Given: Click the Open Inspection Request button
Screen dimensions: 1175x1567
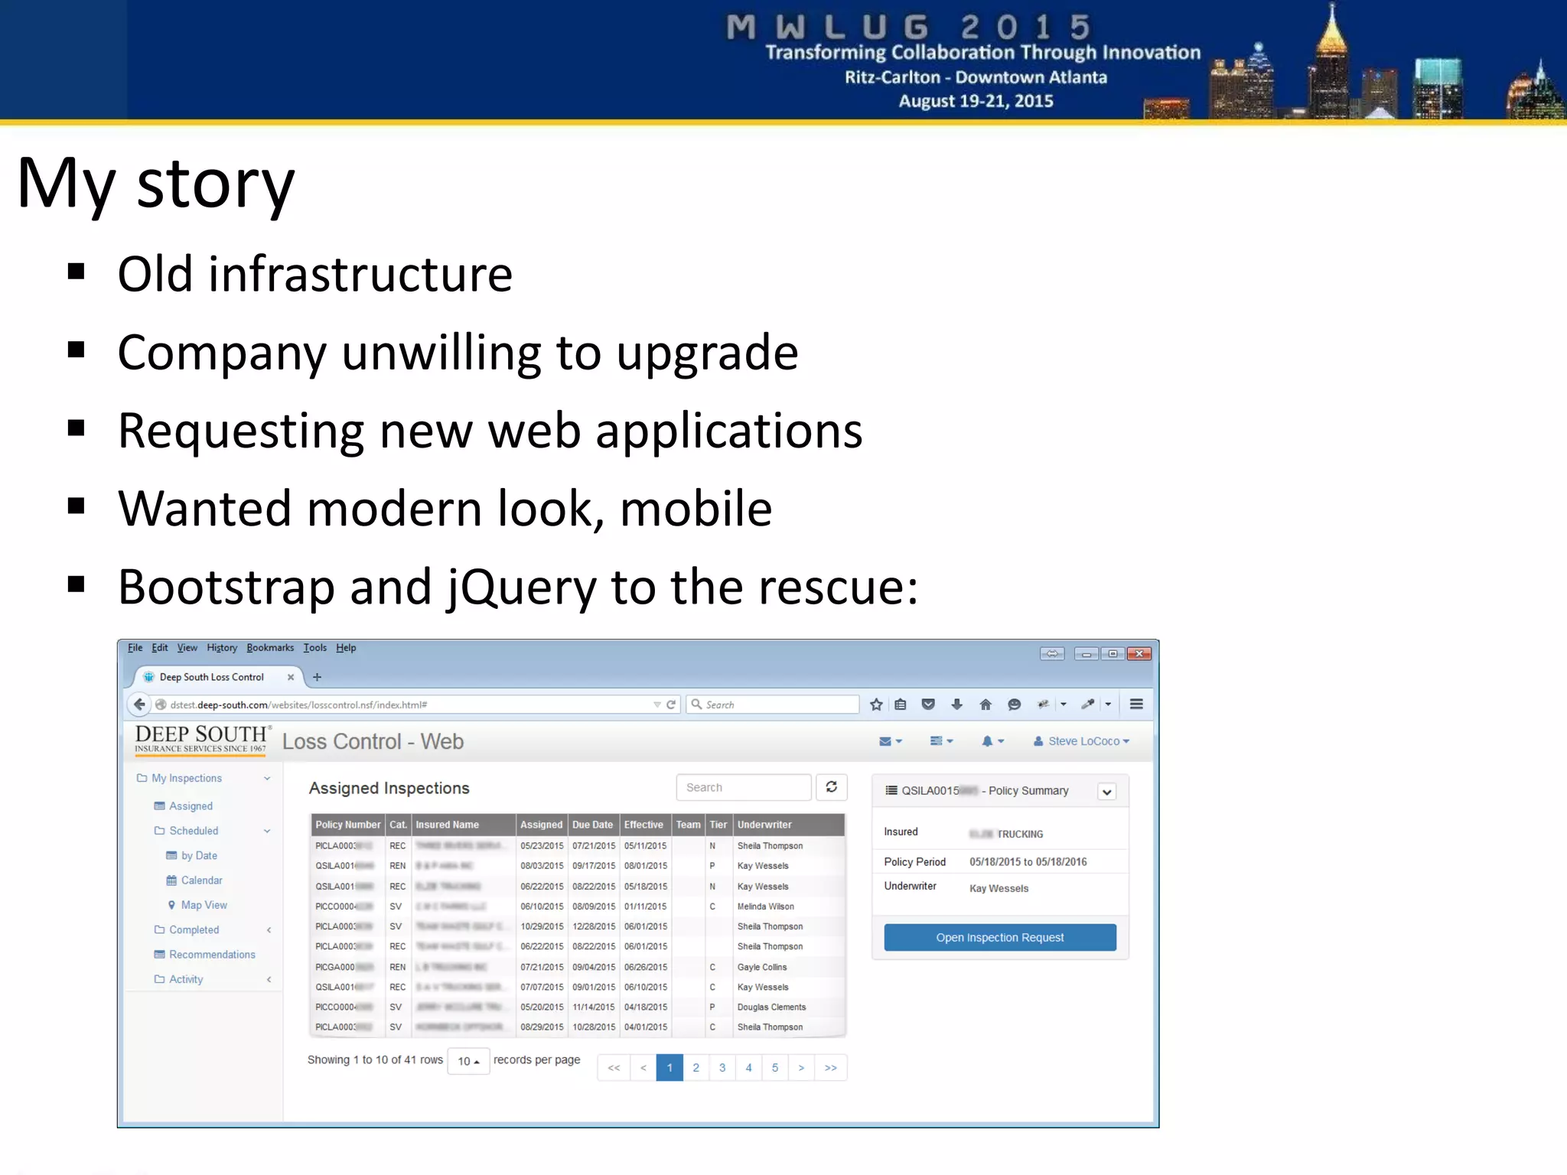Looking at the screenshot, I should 999,937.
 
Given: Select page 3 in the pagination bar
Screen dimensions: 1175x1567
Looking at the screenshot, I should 722,1067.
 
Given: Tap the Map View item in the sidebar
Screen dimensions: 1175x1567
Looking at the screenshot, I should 204,905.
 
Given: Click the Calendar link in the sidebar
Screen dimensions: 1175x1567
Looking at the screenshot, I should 201,880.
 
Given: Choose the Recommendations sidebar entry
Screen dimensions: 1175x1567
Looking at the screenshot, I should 212,955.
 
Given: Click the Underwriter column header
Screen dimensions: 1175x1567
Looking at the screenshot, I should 764,825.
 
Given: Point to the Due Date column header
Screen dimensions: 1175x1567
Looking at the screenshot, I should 592,825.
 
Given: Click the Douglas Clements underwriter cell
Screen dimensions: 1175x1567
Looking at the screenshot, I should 771,1007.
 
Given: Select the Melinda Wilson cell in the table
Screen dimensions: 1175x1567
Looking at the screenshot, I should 765,906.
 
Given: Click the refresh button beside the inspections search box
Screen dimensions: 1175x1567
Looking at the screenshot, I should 831,787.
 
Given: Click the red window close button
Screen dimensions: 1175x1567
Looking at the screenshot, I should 1139,653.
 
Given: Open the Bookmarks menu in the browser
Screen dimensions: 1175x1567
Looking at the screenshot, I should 270,648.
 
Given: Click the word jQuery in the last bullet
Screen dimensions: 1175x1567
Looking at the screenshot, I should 520,587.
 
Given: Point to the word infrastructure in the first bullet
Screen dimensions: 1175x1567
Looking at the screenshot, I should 360,275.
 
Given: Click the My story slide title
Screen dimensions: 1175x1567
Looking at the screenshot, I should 155,184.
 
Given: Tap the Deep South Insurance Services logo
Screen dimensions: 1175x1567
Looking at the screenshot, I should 201,739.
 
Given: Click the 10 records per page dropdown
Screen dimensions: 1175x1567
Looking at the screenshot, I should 467,1061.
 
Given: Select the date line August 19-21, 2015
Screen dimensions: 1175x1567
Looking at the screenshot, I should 976,101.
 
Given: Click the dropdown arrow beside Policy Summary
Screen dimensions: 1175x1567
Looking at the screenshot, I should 1106,792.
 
